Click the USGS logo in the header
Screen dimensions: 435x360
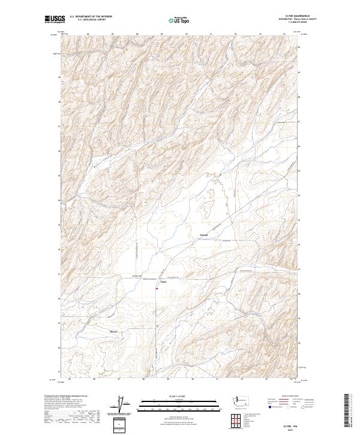[55, 19]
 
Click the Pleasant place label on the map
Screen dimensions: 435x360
[203, 235]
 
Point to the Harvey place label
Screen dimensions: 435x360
[113, 331]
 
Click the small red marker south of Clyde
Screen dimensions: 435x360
[157, 289]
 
